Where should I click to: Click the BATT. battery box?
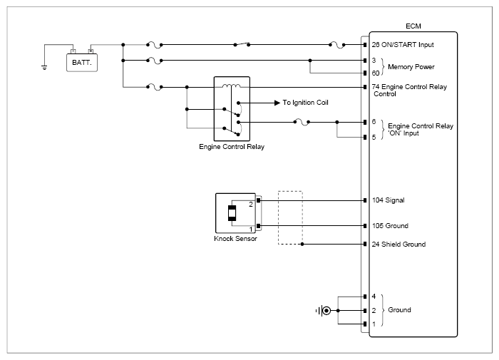(x=82, y=63)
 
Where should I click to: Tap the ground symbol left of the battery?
(x=44, y=67)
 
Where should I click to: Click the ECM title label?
(x=413, y=26)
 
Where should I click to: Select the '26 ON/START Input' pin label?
(x=403, y=45)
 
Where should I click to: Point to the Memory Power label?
(x=411, y=67)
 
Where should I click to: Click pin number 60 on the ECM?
(x=376, y=73)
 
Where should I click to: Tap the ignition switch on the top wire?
(x=242, y=44)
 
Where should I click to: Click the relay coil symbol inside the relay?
(x=232, y=86)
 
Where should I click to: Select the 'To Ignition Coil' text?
(x=305, y=103)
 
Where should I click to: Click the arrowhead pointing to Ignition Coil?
(x=277, y=103)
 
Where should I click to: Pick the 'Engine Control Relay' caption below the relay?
(x=232, y=147)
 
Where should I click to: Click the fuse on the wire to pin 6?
(x=302, y=122)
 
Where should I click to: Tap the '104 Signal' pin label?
(x=389, y=200)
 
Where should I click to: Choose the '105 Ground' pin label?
(x=390, y=226)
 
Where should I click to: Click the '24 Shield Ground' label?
(x=398, y=244)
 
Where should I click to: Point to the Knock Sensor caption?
(x=235, y=239)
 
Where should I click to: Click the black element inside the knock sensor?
(x=232, y=213)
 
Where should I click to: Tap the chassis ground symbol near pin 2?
(x=324, y=310)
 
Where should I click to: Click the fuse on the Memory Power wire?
(x=155, y=60)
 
